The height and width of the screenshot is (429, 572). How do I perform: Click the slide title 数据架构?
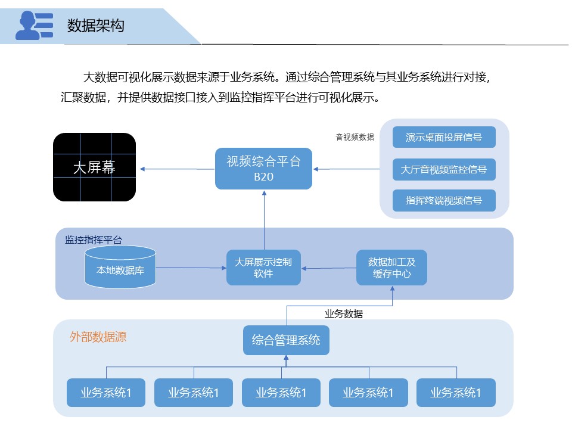96,26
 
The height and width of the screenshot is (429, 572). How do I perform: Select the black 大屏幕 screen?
94,167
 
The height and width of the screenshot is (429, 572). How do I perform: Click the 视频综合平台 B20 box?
263,169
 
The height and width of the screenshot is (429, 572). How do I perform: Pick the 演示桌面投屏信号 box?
444,138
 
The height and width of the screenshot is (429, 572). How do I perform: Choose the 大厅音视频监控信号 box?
444,169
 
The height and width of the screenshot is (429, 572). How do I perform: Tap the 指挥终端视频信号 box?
444,200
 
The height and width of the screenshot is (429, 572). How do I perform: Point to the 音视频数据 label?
355,137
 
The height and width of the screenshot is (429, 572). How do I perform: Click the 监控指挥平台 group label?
94,240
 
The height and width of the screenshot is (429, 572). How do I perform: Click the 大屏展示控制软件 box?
263,268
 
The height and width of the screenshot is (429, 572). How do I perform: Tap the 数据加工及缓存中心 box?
391,268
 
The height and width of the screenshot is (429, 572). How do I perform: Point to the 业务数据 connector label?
344,314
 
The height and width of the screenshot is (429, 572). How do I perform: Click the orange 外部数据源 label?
98,337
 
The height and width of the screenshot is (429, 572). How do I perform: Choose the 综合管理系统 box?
286,340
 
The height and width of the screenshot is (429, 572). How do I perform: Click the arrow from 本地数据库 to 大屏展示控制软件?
191,268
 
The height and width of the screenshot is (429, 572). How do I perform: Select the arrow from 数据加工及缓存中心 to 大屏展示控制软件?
328,268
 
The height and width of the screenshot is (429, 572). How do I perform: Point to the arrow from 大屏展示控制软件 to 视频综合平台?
263,220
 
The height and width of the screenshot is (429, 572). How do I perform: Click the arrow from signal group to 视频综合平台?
346,169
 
